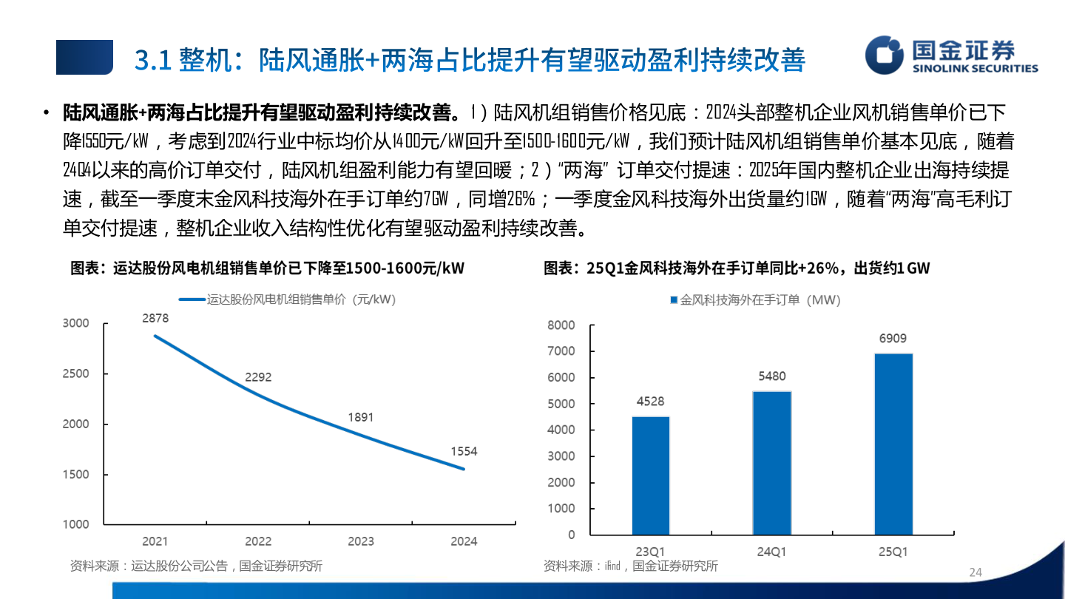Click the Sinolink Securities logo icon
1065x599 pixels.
pyautogui.click(x=885, y=56)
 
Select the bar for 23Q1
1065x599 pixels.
pyautogui.click(x=650, y=476)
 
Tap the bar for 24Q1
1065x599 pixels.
pyautogui.click(x=771, y=463)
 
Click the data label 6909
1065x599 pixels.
pyautogui.click(x=893, y=339)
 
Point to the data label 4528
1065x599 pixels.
pyautogui.click(x=650, y=402)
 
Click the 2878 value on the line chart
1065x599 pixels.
pyautogui.click(x=155, y=318)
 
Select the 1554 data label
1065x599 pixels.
pyautogui.click(x=464, y=451)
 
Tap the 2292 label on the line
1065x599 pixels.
pyautogui.click(x=258, y=377)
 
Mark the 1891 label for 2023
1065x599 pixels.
pyautogui.click(x=361, y=418)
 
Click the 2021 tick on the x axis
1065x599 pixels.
pyautogui.click(x=155, y=541)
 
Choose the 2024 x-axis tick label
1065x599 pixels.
pyautogui.click(x=464, y=541)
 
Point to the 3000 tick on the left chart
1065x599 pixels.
pyautogui.click(x=75, y=323)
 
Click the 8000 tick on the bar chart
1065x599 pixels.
pyautogui.click(x=561, y=325)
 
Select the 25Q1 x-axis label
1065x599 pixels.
pyautogui.click(x=893, y=552)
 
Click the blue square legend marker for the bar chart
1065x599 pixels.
pyautogui.click(x=674, y=300)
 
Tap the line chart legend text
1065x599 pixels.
pyautogui.click(x=301, y=299)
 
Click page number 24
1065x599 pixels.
pyautogui.click(x=975, y=572)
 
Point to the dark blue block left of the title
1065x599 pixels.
pyautogui.click(x=84, y=58)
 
